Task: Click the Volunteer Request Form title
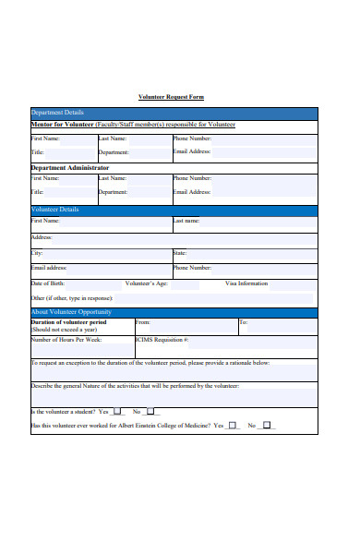tap(171, 97)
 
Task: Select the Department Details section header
tap(57, 113)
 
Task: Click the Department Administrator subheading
tap(76, 167)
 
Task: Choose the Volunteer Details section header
tap(55, 210)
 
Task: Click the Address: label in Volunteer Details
tap(42, 236)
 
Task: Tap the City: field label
tap(37, 252)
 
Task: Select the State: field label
tap(179, 252)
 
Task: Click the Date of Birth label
tap(48, 283)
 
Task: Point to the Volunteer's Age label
tap(145, 283)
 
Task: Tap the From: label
tap(143, 322)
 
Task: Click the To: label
tap(244, 322)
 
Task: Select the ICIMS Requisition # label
tap(162, 340)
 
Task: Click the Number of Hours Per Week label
tap(67, 340)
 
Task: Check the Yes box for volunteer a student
tap(117, 411)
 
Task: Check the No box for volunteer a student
tap(150, 411)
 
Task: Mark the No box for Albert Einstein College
tap(267, 426)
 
